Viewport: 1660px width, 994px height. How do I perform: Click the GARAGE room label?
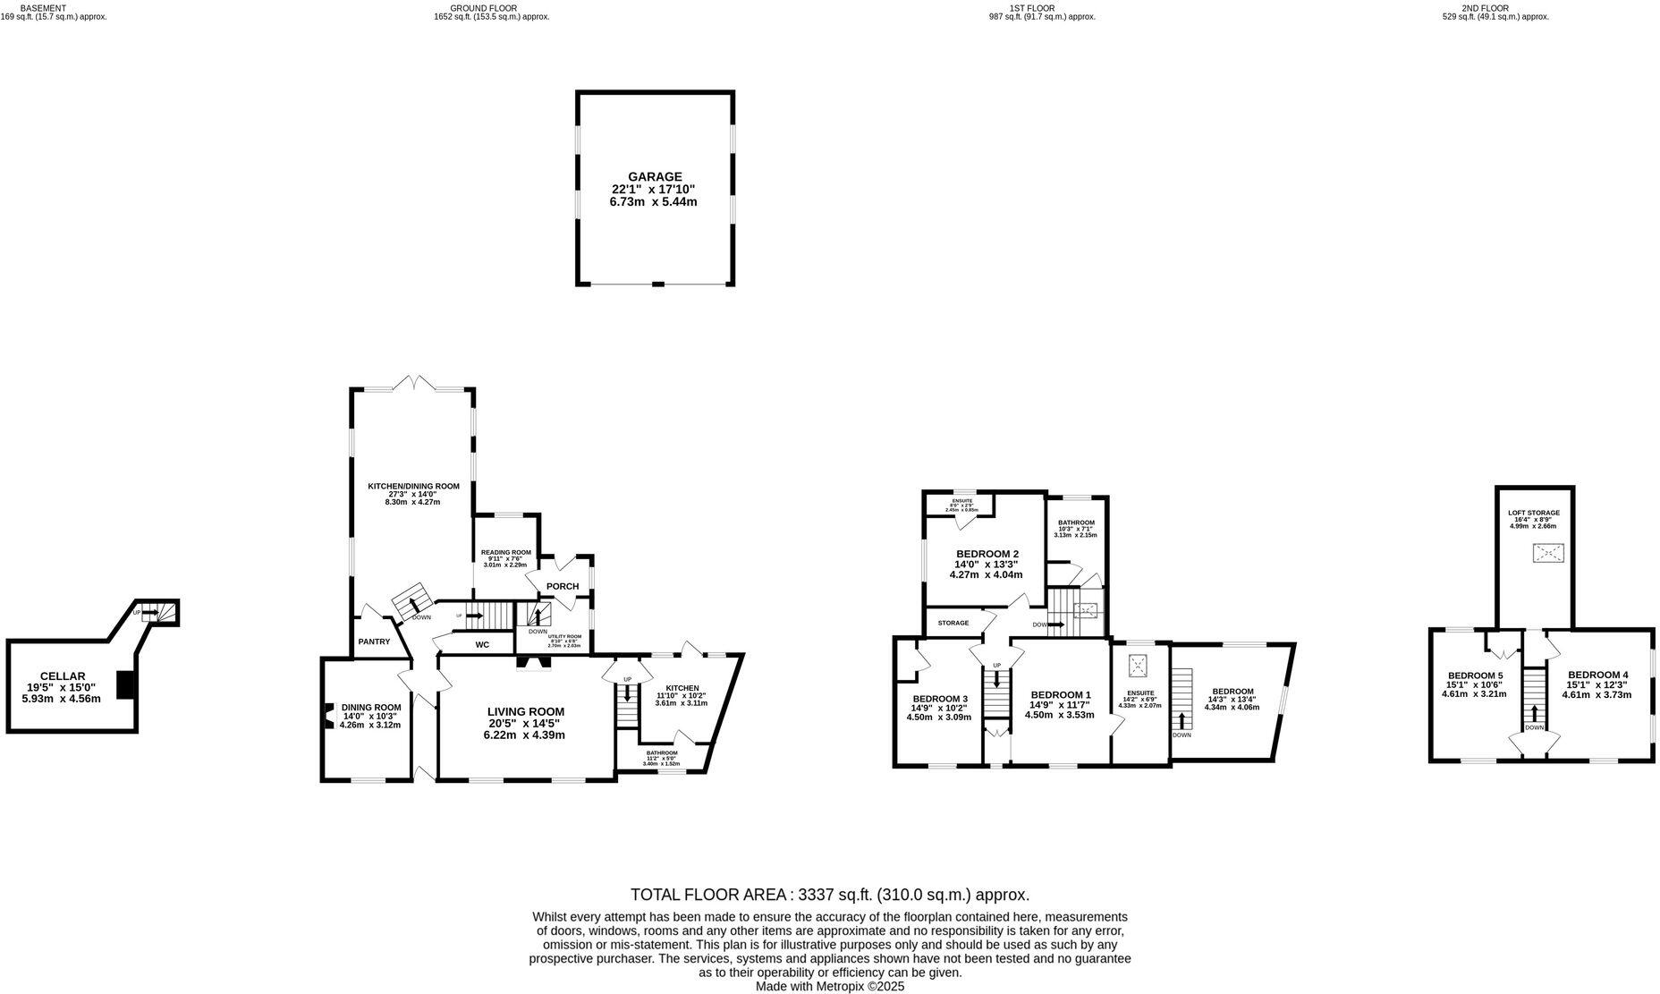coord(654,177)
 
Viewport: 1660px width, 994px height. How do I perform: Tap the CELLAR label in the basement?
coord(62,676)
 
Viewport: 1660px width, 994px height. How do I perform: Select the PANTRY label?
coord(374,641)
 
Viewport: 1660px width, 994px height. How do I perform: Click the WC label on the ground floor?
coord(482,644)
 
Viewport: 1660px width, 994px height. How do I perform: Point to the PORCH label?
coord(563,587)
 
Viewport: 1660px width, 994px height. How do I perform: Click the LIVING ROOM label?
coord(526,711)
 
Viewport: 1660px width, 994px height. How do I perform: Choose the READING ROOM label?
coord(505,553)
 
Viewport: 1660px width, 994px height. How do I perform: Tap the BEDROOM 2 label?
coord(987,553)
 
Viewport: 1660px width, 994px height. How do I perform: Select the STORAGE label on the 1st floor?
coord(953,623)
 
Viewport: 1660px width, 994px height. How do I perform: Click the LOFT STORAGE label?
coord(1533,514)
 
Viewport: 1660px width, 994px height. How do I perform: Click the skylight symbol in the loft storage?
coord(1547,554)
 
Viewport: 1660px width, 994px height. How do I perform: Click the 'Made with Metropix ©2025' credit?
coord(830,986)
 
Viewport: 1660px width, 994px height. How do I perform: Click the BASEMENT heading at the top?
coord(43,8)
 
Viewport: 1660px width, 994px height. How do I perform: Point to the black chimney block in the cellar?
coord(126,685)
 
